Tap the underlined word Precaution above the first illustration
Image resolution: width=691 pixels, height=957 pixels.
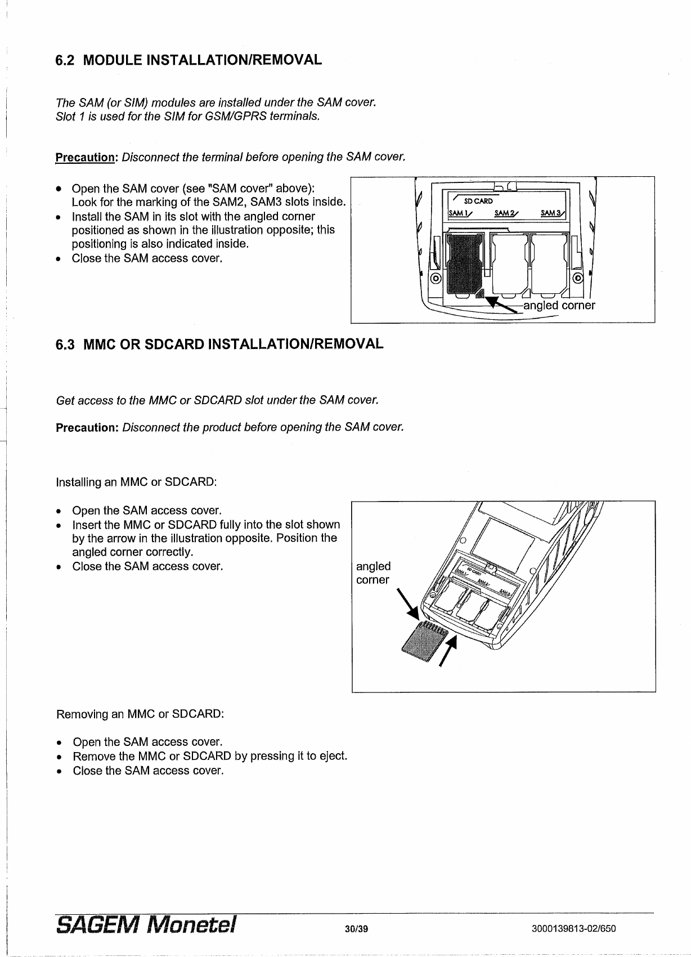(84, 157)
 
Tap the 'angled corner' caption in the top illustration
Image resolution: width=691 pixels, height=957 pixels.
(559, 306)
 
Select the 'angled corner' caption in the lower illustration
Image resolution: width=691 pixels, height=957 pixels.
(373, 573)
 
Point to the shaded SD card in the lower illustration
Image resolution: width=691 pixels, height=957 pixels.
(422, 642)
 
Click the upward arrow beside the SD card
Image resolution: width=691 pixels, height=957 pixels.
(448, 650)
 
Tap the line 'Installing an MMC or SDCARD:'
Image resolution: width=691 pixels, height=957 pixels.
(136, 482)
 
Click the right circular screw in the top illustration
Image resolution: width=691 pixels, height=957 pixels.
(578, 279)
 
